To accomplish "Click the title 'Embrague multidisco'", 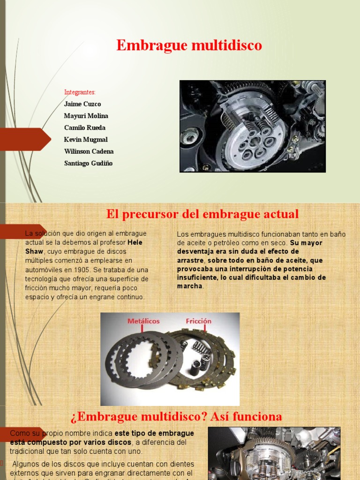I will coord(189,45).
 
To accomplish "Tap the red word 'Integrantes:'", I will coord(80,92).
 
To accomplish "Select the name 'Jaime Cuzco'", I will coord(82,104).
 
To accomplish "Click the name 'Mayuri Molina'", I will coord(86,116).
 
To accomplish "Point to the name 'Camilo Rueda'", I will coord(84,127).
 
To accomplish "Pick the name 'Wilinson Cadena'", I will coord(89,151).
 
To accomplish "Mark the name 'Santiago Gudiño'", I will coord(88,163).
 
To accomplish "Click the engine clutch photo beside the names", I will coord(253,126).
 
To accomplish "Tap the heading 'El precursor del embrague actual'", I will coord(202,214).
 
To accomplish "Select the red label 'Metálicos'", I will coord(143,321).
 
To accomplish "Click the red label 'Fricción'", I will coord(198,321).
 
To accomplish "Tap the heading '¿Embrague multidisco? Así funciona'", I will coord(176,416).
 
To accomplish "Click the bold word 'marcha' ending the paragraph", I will coord(190,286).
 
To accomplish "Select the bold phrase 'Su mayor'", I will coord(306,243).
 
